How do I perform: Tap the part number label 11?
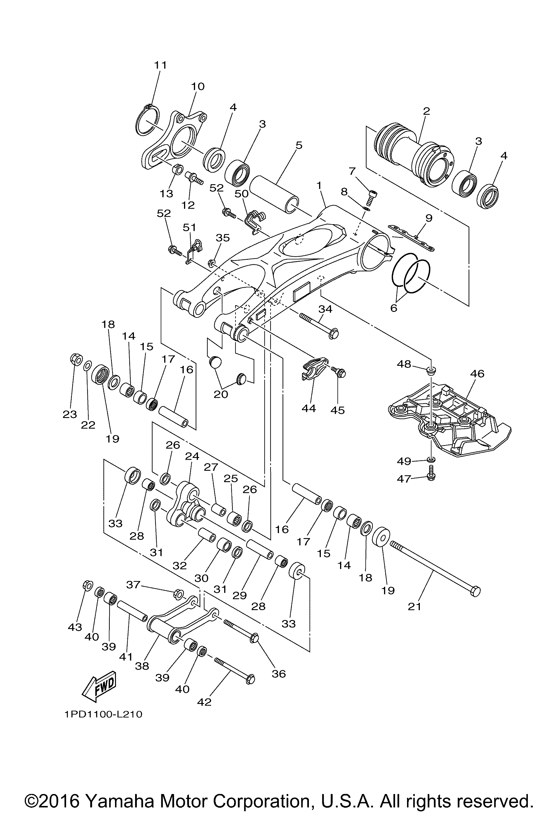160,65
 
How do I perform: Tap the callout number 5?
299,145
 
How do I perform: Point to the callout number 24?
192,456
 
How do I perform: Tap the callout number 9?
428,218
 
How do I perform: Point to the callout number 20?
221,394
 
